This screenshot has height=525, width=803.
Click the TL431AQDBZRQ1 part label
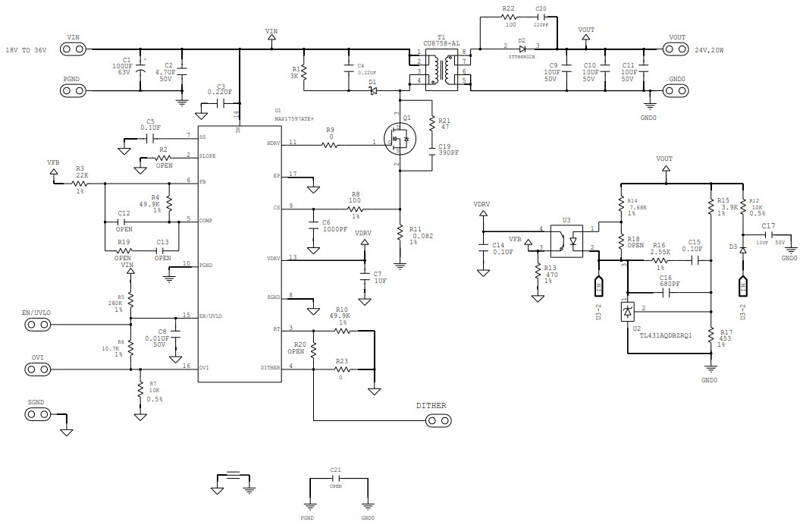pyautogui.click(x=665, y=335)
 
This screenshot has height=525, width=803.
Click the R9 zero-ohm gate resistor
pyautogui.click(x=330, y=143)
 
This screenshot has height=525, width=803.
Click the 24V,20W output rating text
pyautogui.click(x=709, y=50)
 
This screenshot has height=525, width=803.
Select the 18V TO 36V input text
pyautogui.click(x=26, y=50)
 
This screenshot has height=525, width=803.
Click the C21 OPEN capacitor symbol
pyautogui.click(x=336, y=479)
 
